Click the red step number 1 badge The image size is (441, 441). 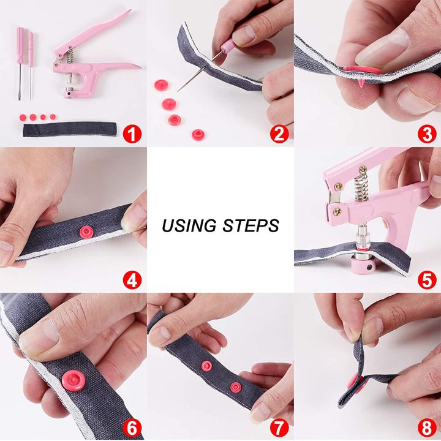[x=132, y=133]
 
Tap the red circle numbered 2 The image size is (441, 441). [x=279, y=133]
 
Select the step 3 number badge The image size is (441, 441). [x=426, y=133]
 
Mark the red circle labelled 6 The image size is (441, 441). [x=132, y=426]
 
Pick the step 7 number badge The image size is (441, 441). [x=279, y=426]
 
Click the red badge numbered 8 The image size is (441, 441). [x=426, y=426]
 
